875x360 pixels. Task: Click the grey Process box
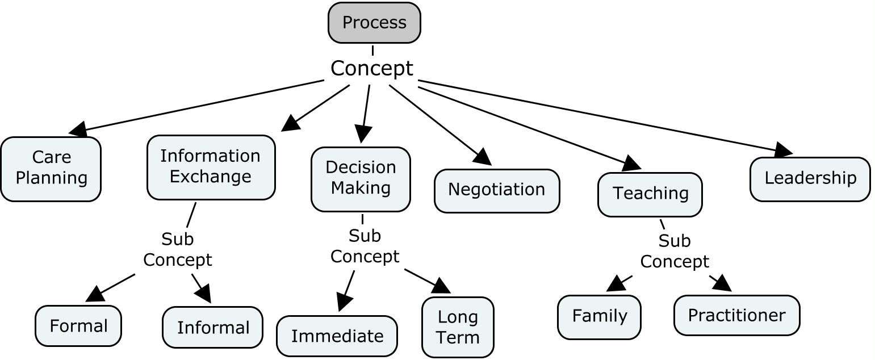(374, 23)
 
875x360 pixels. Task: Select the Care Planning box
(51, 169)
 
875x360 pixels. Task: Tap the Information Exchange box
(211, 168)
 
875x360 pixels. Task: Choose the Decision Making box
(361, 179)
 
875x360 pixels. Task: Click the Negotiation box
(497, 191)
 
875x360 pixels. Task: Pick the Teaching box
(650, 194)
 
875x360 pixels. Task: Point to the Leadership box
(810, 179)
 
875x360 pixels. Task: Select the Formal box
(78, 325)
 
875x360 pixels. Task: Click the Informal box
(212, 327)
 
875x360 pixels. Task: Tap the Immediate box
(337, 336)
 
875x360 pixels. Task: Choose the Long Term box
(458, 327)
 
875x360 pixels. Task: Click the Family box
(599, 317)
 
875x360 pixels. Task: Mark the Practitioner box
(736, 315)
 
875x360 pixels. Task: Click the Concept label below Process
(372, 68)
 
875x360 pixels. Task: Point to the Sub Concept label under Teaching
(675, 251)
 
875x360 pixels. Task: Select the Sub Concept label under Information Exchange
(177, 249)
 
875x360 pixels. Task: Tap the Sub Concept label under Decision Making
(365, 246)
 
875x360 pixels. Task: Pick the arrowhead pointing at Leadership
(783, 150)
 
